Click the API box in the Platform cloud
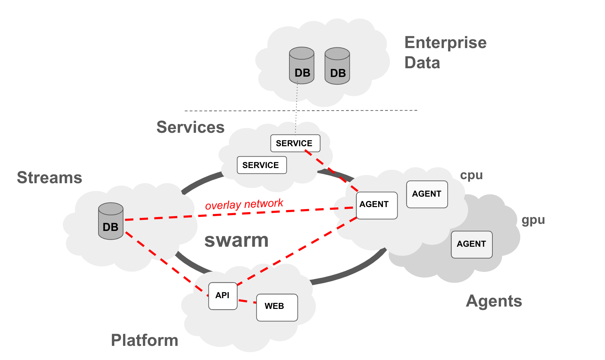pyautogui.click(x=223, y=296)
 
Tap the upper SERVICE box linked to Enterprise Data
pyautogui.click(x=295, y=143)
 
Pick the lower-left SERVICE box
pyautogui.click(x=261, y=165)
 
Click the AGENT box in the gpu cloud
pyautogui.click(x=471, y=244)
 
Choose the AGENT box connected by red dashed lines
pyautogui.click(x=376, y=205)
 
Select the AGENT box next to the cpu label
pyautogui.click(x=427, y=194)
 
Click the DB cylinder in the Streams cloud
pyautogui.click(x=111, y=222)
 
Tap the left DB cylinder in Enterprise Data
pyautogui.click(x=301, y=66)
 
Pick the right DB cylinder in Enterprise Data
pyautogui.click(x=337, y=66)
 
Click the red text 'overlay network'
pyautogui.click(x=244, y=204)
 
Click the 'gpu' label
pyautogui.click(x=533, y=221)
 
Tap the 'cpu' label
pyautogui.click(x=471, y=175)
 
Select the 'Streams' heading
pyautogui.click(x=49, y=177)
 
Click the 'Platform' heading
pyautogui.click(x=145, y=340)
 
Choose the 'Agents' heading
pyautogui.click(x=494, y=301)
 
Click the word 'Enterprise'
pyautogui.click(x=445, y=43)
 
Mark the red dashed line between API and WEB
pyautogui.click(x=247, y=302)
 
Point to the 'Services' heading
pyautogui.click(x=190, y=127)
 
